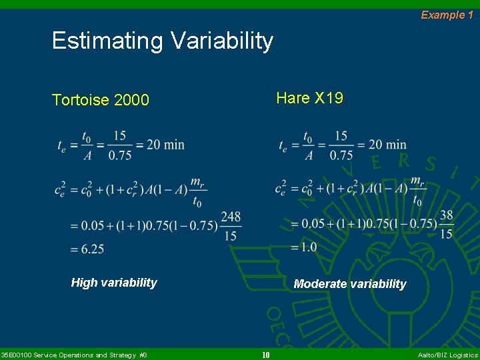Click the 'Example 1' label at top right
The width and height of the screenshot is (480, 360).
(x=446, y=15)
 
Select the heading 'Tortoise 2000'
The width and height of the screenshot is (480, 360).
(x=101, y=100)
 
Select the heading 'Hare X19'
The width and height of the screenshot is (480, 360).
(x=309, y=99)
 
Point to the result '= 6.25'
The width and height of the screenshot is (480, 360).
(x=88, y=249)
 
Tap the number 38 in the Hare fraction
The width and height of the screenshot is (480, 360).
(x=446, y=215)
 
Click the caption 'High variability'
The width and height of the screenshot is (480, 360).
(x=114, y=283)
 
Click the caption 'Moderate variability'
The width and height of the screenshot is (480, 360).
(x=350, y=284)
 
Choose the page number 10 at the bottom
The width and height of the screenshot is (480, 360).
(x=265, y=355)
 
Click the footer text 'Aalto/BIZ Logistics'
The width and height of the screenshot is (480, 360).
(x=447, y=355)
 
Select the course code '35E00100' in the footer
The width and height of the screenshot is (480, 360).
(x=15, y=355)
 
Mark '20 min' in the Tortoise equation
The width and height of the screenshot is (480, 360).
(x=165, y=145)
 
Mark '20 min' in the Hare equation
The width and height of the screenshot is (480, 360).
(x=387, y=144)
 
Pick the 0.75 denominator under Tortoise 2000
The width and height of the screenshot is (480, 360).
(x=119, y=155)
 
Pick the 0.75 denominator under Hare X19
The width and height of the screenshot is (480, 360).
(x=341, y=155)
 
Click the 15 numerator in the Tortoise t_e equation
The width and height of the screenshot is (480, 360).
(x=119, y=135)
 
